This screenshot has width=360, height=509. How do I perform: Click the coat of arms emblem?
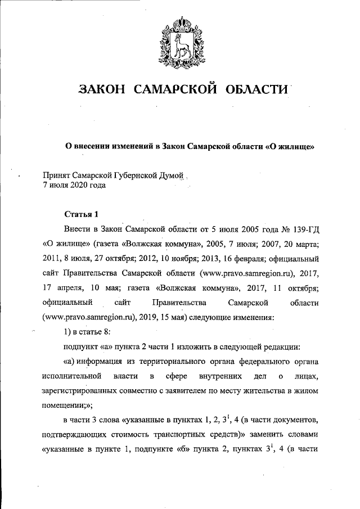(x=181, y=39)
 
